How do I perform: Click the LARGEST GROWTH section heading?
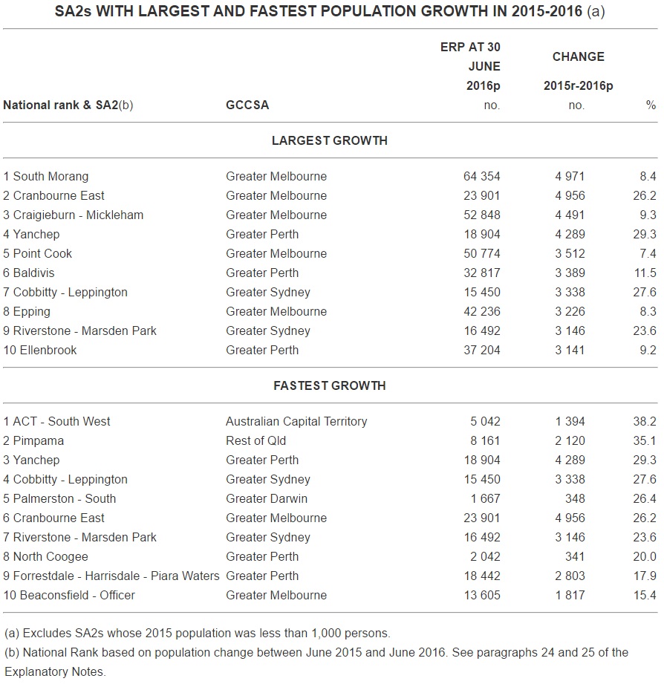tap(329, 140)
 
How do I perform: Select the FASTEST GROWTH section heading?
tap(329, 385)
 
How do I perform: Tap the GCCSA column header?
tap(247, 105)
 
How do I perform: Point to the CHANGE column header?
tap(578, 56)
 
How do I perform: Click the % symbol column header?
tap(651, 105)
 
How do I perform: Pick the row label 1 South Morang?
tap(46, 177)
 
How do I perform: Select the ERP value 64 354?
tap(481, 177)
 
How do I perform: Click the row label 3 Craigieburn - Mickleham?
tap(74, 215)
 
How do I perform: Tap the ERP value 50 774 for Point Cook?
tap(481, 254)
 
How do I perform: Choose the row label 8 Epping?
tap(27, 312)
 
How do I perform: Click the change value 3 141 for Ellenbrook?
tap(570, 351)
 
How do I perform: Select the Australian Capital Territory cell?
tap(296, 422)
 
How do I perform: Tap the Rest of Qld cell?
tap(255, 441)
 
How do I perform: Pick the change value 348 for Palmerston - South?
tap(574, 499)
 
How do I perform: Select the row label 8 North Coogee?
tap(46, 557)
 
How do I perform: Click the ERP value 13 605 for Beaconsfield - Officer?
tap(481, 596)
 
